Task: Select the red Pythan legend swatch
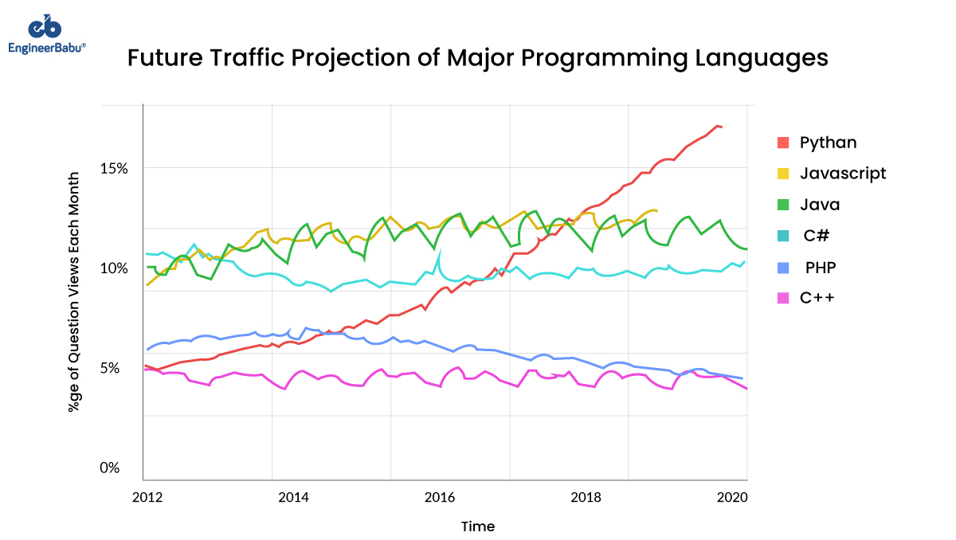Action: coord(783,143)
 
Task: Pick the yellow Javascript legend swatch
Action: coord(783,174)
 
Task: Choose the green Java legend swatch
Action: coord(783,205)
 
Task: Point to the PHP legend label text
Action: coord(821,267)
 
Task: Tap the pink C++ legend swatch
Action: coord(783,298)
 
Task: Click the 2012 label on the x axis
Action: coord(147,498)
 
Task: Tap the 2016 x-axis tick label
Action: coord(441,498)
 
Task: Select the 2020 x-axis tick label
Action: coord(732,498)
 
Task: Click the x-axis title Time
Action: coord(477,526)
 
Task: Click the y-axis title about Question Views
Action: coord(74,292)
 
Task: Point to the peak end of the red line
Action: coord(719,126)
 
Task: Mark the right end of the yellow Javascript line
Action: coord(656,210)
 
